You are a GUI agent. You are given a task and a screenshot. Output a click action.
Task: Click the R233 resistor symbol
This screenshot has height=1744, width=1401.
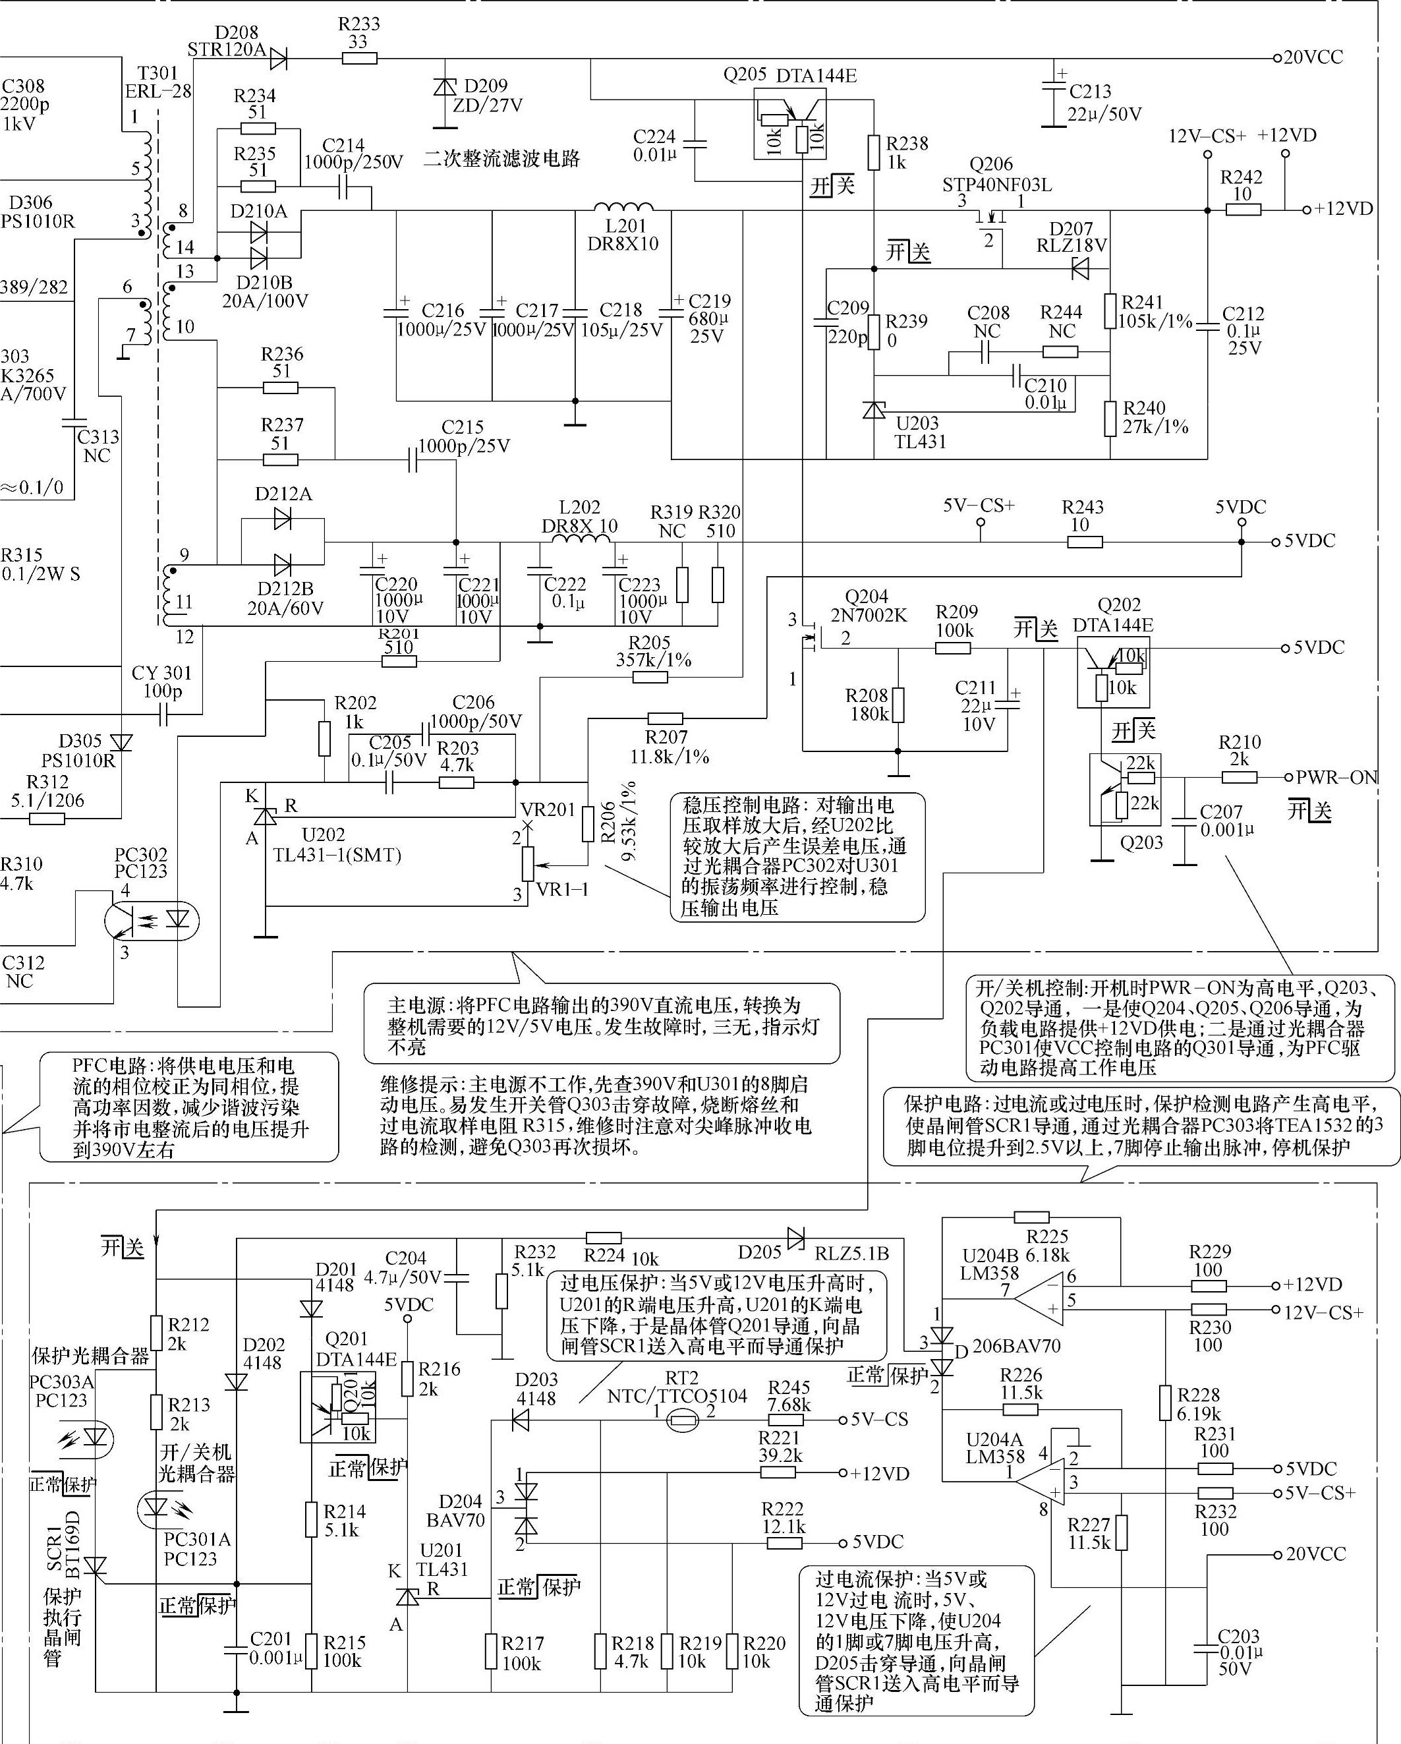pos(359,58)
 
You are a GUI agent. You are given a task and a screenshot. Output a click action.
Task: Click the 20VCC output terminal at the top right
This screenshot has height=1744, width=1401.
pos(1277,58)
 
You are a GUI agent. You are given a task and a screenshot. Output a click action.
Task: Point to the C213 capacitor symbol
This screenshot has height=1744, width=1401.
pos(1053,90)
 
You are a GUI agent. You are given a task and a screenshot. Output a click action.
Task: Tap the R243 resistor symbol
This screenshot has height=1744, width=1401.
pos(1084,541)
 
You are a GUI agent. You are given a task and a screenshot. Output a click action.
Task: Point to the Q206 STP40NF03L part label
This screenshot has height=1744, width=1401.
pos(996,175)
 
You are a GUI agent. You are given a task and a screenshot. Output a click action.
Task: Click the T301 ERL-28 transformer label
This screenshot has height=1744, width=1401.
pos(157,82)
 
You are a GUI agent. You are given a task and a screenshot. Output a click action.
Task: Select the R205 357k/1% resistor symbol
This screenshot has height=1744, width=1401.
pos(650,677)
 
